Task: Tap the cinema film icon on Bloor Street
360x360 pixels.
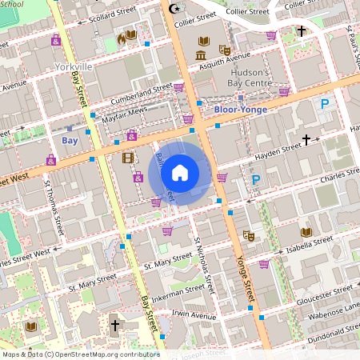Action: [x=127, y=158]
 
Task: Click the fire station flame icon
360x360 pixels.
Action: [x=122, y=37]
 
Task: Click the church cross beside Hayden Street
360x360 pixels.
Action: [x=306, y=141]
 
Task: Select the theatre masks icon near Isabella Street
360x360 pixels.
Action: [x=249, y=237]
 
